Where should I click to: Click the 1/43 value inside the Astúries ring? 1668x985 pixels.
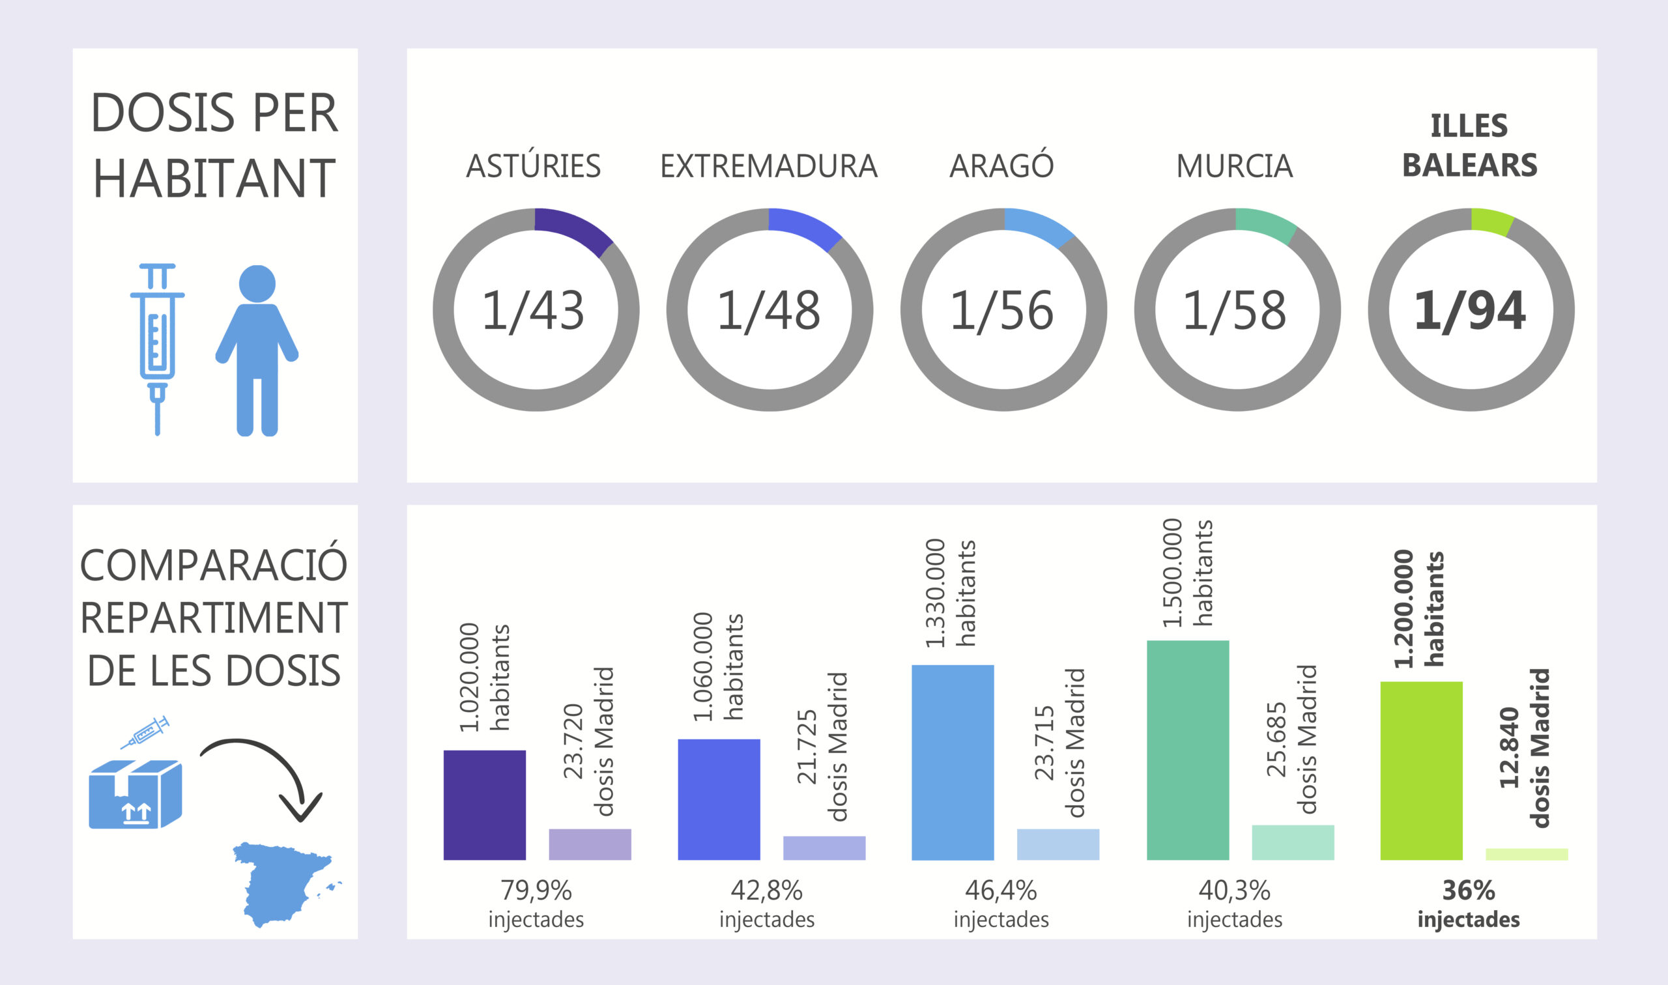[533, 310]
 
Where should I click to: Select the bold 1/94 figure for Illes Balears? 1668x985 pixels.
[1469, 310]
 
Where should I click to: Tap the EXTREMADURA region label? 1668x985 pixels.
[769, 166]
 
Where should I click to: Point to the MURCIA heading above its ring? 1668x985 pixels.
[1235, 166]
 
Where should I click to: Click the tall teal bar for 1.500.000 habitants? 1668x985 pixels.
[1187, 750]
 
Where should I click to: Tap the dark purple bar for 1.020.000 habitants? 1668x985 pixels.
[485, 805]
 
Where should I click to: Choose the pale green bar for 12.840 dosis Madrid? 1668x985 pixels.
[1527, 854]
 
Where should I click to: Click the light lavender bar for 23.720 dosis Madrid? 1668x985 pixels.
[590, 844]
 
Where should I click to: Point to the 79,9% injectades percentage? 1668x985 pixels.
[536, 891]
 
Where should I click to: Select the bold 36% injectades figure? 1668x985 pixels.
[1468, 891]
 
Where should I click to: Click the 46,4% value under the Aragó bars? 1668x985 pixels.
[1001, 891]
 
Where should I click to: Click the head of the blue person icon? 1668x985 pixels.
[257, 283]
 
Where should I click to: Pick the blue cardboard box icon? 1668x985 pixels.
[135, 794]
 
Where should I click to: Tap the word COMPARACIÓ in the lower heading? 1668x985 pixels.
[214, 565]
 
